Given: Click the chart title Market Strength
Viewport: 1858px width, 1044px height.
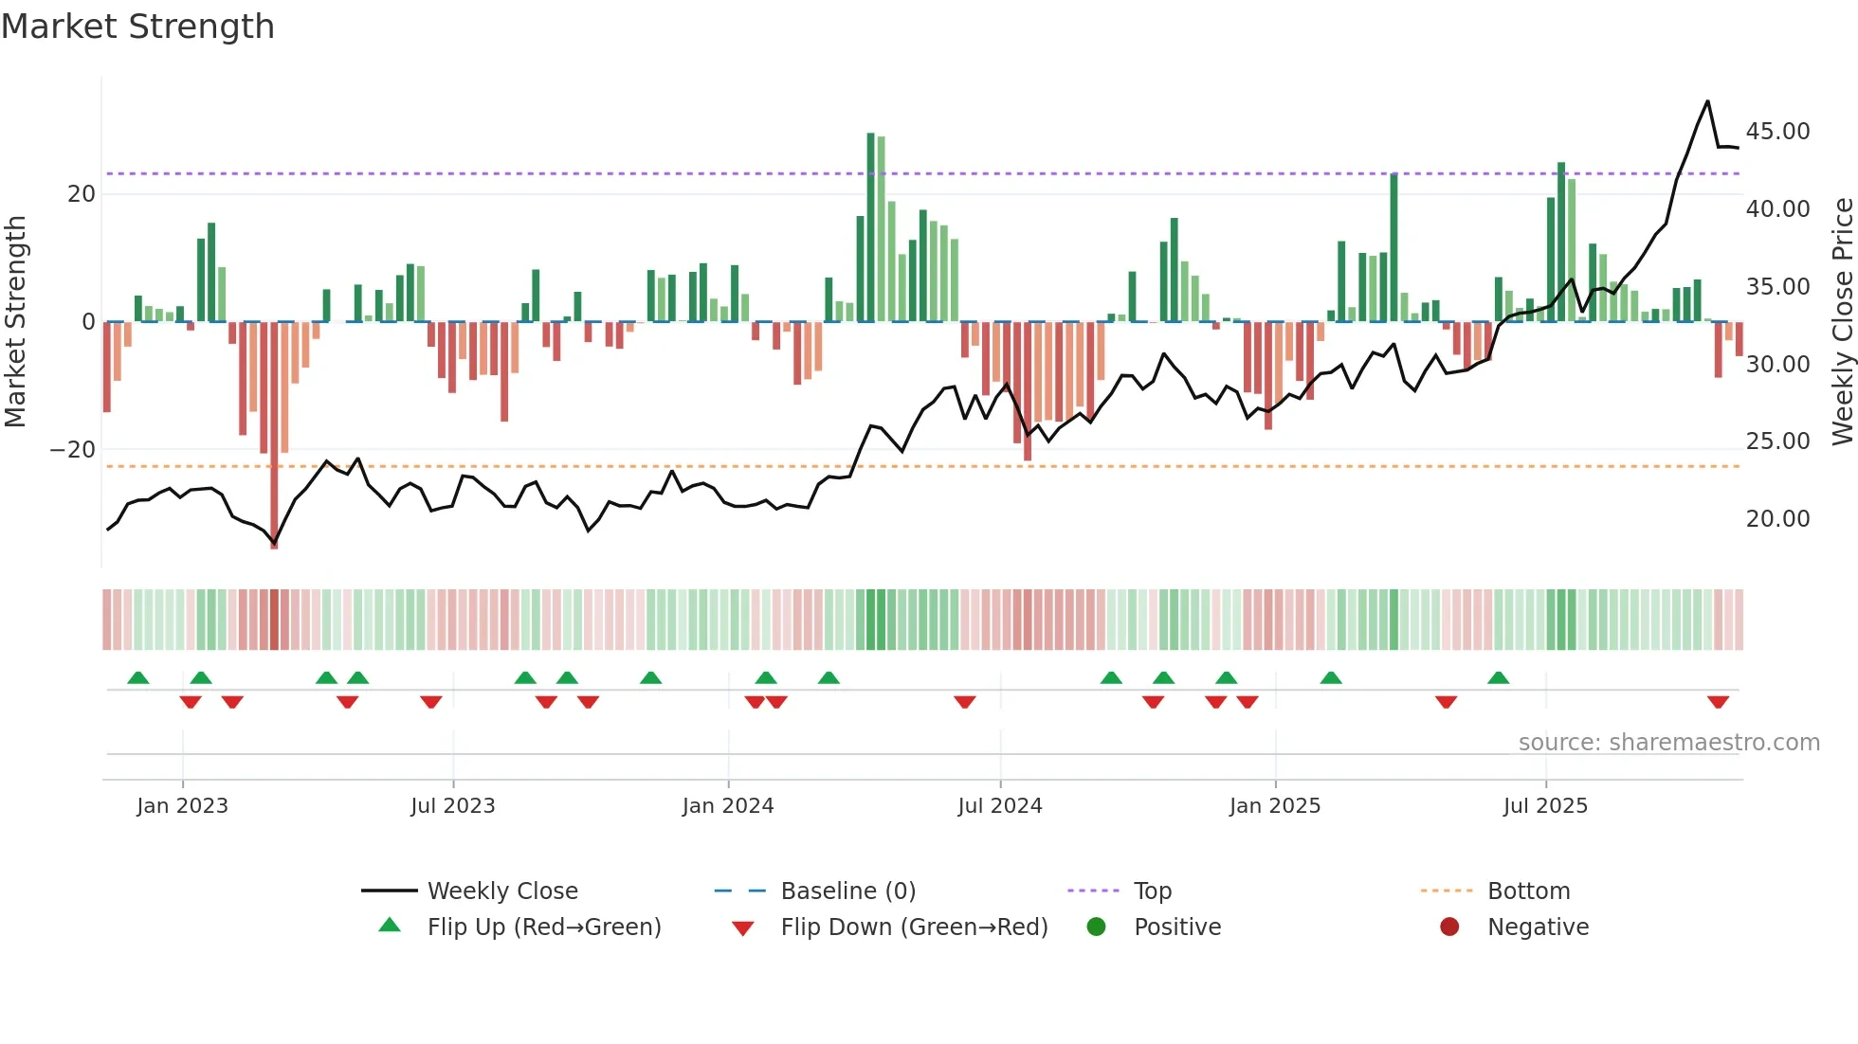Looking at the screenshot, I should coord(137,27).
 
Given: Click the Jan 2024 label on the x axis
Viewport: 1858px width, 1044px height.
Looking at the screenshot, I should coord(727,806).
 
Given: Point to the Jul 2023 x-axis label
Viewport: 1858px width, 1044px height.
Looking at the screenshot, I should coord(452,806).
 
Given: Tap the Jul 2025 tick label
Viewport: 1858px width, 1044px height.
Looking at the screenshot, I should coord(1545,806).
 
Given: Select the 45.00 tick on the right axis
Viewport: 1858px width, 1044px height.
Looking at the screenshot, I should coord(1777,132).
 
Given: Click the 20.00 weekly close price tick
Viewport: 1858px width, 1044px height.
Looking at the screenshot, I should coord(1777,519).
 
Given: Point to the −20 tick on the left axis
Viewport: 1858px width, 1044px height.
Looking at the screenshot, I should coord(73,450).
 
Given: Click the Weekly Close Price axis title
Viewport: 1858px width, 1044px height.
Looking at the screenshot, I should coord(1842,322).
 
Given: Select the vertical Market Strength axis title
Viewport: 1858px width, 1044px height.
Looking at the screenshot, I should coord(15,322).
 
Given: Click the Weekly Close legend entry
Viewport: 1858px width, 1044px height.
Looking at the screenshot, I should coord(501,891).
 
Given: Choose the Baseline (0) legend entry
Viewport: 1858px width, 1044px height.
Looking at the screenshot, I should coord(847,891).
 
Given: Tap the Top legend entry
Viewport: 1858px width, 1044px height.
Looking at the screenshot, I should coord(1152,891).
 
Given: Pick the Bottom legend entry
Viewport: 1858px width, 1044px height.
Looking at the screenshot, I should coord(1528,891).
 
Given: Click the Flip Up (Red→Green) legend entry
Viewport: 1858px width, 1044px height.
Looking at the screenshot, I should coord(543,927).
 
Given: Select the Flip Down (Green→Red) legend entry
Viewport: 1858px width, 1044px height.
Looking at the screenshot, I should coord(914,927).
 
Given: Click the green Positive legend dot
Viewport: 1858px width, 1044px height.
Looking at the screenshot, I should coord(1097,927).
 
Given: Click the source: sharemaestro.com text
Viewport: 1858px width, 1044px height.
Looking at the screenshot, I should coord(1668,743).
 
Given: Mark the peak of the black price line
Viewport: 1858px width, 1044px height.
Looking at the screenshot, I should coord(1708,101).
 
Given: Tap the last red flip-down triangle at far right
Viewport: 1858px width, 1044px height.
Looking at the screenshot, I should coord(1718,702).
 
